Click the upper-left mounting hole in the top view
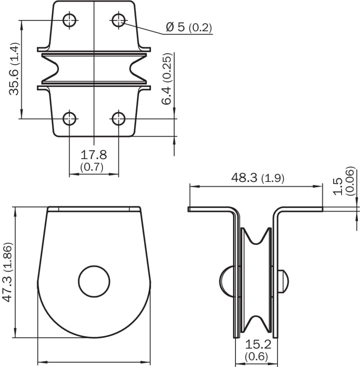click(x=69, y=20)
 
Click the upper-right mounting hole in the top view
click(x=119, y=20)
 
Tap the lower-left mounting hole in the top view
click(x=69, y=119)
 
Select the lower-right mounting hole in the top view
click(x=119, y=119)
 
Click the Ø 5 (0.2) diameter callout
click(x=189, y=27)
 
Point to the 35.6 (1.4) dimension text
click(x=14, y=69)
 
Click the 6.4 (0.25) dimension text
click(x=167, y=79)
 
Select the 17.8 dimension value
click(x=94, y=155)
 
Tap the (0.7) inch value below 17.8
click(x=92, y=167)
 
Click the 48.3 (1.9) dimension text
click(x=257, y=178)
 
